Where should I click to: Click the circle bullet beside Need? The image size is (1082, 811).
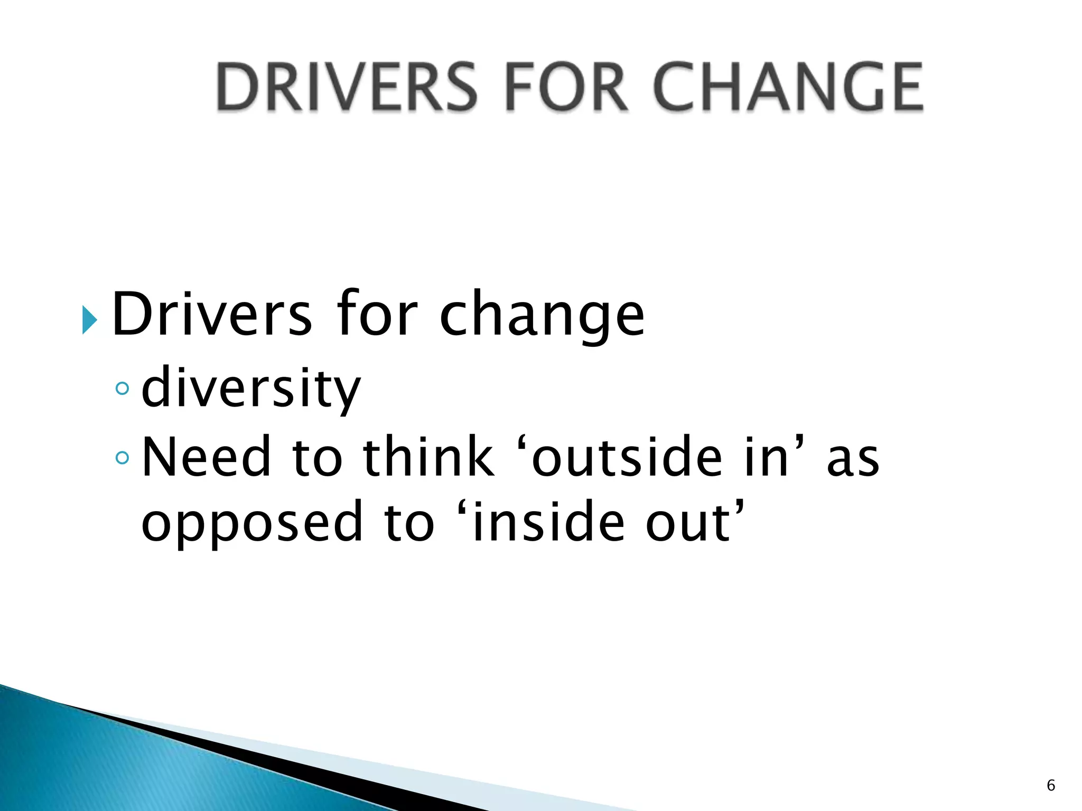(x=122, y=457)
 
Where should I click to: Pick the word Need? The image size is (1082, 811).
(x=207, y=457)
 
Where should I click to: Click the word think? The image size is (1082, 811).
(x=428, y=457)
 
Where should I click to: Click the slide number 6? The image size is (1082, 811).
(x=1051, y=785)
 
